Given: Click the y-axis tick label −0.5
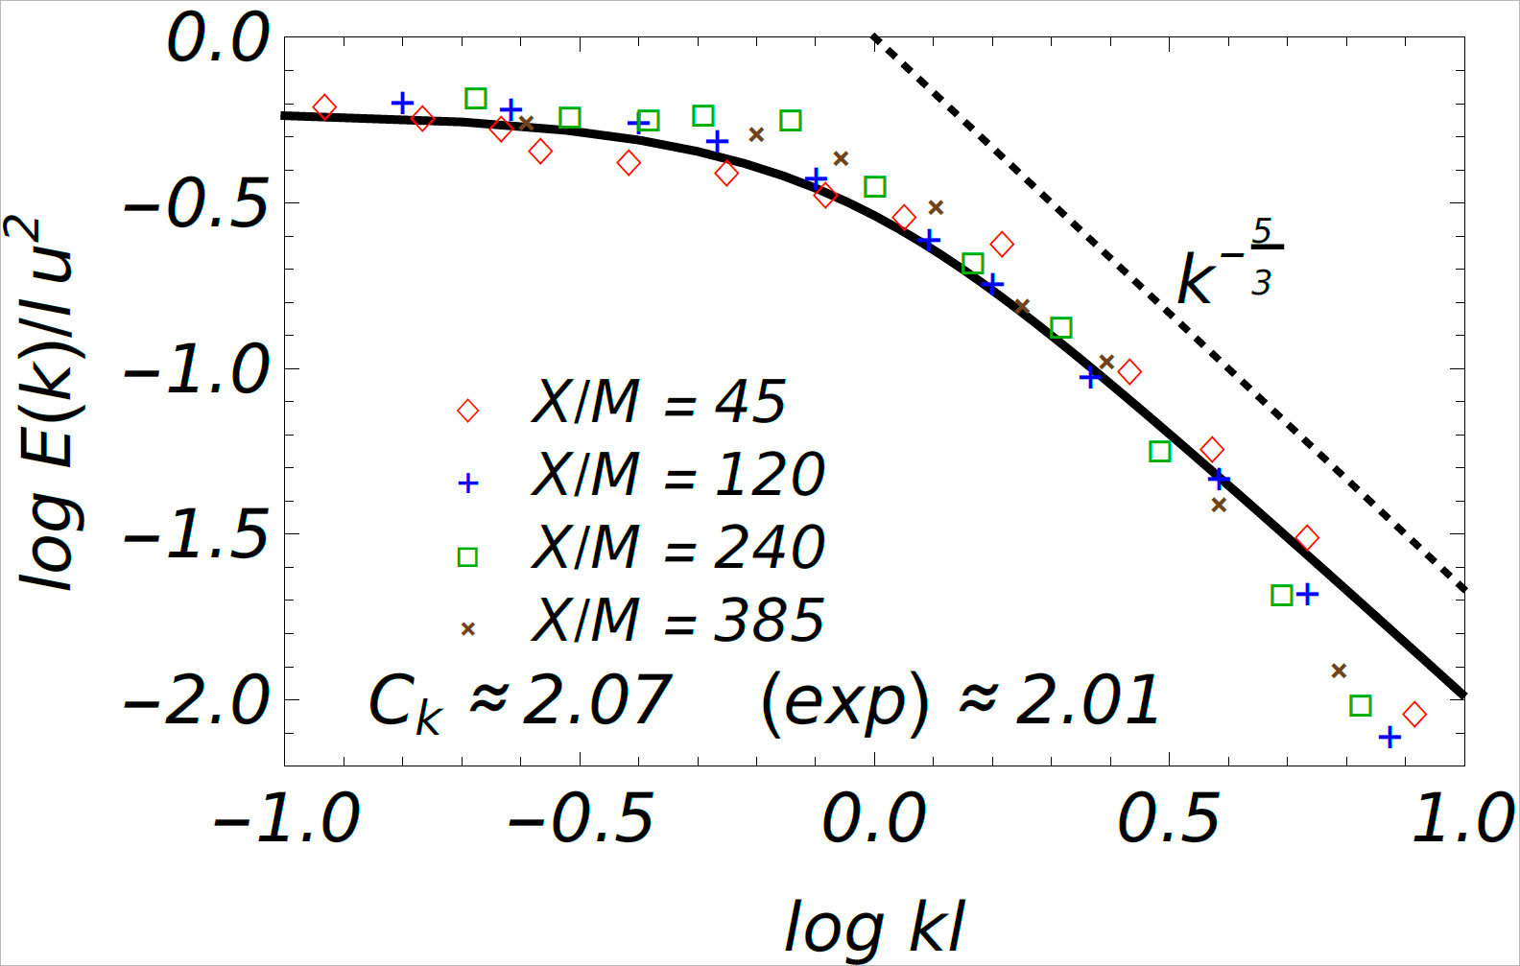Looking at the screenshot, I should point(197,203).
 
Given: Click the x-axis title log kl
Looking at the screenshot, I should point(874,927).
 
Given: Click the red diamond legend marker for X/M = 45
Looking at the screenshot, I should point(467,411).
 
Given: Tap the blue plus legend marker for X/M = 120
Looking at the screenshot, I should point(467,483).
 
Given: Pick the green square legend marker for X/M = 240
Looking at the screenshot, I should point(467,557).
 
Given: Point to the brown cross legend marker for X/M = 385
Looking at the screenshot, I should point(467,629).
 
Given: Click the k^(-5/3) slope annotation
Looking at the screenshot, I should point(1228,264).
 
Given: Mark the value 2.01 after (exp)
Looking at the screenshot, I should point(1087,699).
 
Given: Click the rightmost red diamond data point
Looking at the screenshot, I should point(1413,714).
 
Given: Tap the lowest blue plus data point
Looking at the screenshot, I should point(1389,737).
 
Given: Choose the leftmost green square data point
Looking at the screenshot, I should point(475,98).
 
